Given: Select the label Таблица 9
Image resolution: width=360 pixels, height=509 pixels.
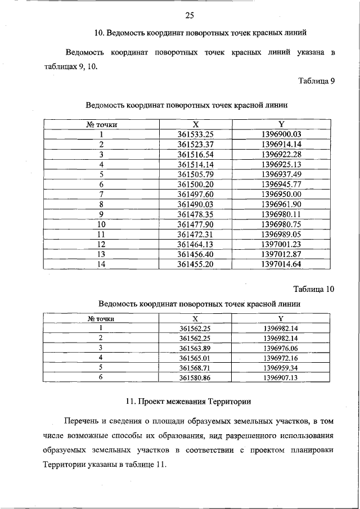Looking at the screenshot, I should pos(317,80).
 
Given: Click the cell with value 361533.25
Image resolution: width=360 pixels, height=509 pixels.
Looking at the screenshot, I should pos(196,134).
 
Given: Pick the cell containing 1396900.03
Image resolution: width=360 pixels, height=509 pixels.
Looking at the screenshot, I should pos(282,134).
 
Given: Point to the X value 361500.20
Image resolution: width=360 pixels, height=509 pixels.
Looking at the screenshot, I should pos(196,184).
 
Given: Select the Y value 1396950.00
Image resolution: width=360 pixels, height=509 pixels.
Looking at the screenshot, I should pos(282,194).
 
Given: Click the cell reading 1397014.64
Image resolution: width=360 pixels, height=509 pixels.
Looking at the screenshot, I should pos(282,264).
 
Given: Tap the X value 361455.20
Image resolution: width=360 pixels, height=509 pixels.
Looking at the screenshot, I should pos(196,264).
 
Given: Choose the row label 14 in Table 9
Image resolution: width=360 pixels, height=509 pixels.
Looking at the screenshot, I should pos(102,264).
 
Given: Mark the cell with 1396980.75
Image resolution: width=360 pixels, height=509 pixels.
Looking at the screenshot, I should pos(282,224).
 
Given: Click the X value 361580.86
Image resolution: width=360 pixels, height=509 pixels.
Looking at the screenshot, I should pos(194,379).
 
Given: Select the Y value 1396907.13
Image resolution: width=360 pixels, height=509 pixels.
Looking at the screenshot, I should pos(281,379).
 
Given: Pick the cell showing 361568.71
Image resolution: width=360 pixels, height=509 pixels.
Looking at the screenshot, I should pos(194,368).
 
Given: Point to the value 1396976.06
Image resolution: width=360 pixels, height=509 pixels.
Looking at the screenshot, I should pos(281,348).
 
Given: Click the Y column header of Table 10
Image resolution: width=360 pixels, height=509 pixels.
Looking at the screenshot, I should pos(281,318).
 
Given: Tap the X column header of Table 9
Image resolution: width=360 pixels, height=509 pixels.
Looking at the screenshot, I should pos(196,124).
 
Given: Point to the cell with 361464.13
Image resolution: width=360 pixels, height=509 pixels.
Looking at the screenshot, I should pos(196,244).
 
